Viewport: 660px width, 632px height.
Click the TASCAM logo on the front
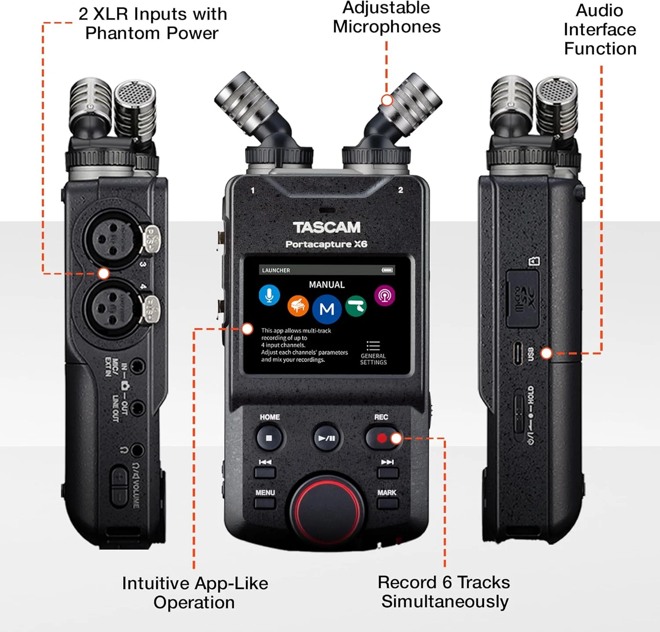(x=326, y=227)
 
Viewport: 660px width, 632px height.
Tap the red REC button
(x=381, y=438)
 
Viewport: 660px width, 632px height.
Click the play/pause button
(x=326, y=438)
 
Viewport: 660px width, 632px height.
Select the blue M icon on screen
(x=326, y=309)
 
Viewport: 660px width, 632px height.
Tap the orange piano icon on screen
(x=298, y=305)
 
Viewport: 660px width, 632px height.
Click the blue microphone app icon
(x=269, y=295)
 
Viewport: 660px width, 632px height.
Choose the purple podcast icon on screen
(x=385, y=295)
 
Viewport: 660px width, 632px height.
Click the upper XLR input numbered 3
(x=112, y=239)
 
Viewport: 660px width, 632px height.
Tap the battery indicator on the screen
(x=387, y=270)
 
